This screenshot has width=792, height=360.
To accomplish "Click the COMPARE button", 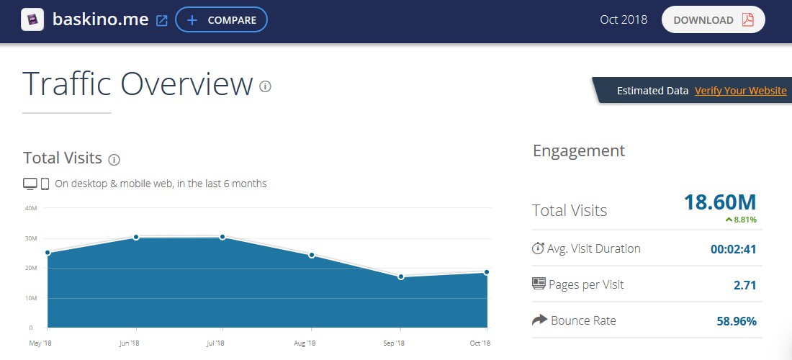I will point(221,20).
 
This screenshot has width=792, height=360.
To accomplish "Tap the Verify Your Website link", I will point(740,91).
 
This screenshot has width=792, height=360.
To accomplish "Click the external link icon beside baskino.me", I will point(162,21).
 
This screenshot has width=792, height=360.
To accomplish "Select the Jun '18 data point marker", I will point(135,237).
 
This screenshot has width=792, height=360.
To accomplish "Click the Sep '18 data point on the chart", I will point(401,276).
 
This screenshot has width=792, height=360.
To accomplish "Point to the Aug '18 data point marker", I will point(312,255).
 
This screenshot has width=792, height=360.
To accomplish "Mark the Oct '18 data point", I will point(487,272).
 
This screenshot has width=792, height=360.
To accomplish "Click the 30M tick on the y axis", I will point(31,238).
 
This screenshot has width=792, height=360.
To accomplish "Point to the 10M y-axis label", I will point(31,298).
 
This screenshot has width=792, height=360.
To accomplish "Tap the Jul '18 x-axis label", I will point(216,343).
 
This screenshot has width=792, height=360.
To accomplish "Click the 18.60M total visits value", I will point(720,202).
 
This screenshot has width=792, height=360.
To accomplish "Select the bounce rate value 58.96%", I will point(737,321).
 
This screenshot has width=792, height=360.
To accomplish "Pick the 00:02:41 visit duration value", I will point(733,249).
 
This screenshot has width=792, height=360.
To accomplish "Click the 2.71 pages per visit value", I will point(744,285).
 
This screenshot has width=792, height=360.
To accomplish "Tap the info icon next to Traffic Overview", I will point(265,87).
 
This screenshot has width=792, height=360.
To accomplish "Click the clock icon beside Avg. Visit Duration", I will point(538,248).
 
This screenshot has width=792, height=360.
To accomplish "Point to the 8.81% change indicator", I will point(741,220).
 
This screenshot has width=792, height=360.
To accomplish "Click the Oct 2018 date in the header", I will point(624,20).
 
